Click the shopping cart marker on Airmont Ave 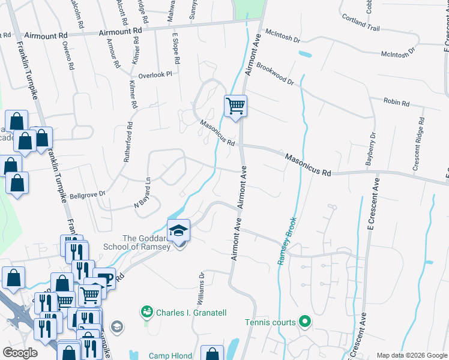click(236, 106)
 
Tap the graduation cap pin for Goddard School click(178, 230)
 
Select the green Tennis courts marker click(305, 322)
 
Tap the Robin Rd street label click(396, 103)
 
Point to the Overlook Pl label click(155, 74)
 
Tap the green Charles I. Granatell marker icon click(146, 311)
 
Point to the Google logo click(20, 353)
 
